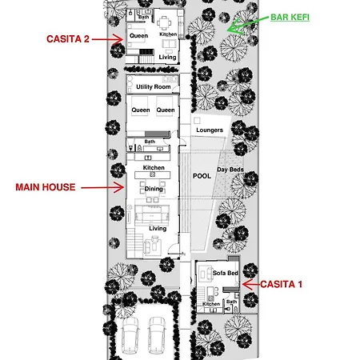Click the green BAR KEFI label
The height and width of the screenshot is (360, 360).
click(290, 18)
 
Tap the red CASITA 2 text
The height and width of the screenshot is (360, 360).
click(68, 39)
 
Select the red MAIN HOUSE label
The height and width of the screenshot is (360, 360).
click(46, 187)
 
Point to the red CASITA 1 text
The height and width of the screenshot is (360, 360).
click(282, 284)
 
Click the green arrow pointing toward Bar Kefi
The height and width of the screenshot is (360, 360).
click(246, 25)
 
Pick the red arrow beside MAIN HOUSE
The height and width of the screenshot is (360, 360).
click(102, 187)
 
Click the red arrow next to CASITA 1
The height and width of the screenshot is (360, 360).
click(251, 285)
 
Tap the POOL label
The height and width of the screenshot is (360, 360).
click(202, 176)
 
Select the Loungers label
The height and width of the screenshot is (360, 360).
click(210, 130)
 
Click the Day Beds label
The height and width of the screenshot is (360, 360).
click(230, 170)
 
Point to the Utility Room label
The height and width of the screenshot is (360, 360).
click(154, 87)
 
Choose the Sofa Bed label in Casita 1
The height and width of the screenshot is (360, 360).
click(226, 273)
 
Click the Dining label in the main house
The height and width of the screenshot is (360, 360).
click(154, 189)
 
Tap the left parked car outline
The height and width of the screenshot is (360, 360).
click(130, 335)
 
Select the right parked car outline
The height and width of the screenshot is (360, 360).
click(157, 335)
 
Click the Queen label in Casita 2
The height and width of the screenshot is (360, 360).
click(138, 36)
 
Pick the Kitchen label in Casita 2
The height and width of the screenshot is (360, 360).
click(168, 34)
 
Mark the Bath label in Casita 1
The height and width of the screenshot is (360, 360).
click(231, 302)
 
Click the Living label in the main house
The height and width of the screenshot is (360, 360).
click(158, 229)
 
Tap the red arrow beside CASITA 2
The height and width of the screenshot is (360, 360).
click(107, 39)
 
